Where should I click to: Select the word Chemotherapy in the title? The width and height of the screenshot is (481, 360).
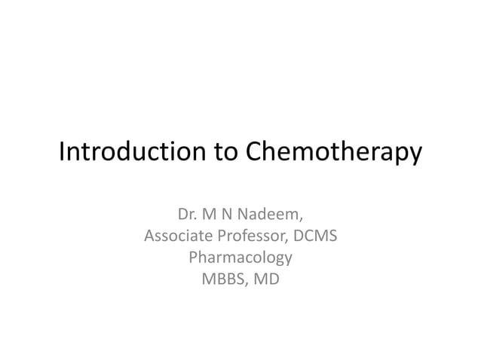(332, 154)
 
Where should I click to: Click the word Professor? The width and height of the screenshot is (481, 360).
(250, 236)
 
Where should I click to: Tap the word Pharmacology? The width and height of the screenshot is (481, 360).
(240, 258)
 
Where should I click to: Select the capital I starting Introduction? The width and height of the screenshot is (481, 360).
(62, 153)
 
